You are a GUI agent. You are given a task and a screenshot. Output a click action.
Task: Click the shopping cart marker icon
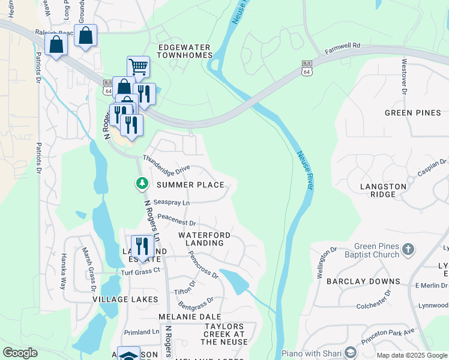tap(138, 67)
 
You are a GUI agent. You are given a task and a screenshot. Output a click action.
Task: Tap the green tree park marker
tap(142, 183)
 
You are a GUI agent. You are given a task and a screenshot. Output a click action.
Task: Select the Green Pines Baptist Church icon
tap(408, 249)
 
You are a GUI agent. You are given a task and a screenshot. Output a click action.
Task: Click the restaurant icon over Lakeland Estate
tap(142, 245)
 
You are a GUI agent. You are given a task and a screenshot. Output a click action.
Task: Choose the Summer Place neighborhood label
tap(190, 185)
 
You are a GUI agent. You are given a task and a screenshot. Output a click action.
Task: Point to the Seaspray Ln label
tap(172, 203)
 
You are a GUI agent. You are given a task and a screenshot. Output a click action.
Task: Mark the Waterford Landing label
tap(200, 239)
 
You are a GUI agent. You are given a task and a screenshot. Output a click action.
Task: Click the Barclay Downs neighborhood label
tap(363, 281)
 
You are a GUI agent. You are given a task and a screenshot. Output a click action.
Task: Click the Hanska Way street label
tap(62, 271)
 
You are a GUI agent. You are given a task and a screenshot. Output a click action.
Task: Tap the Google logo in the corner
tap(20, 353)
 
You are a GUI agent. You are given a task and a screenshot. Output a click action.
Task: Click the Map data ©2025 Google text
tap(411, 355)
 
